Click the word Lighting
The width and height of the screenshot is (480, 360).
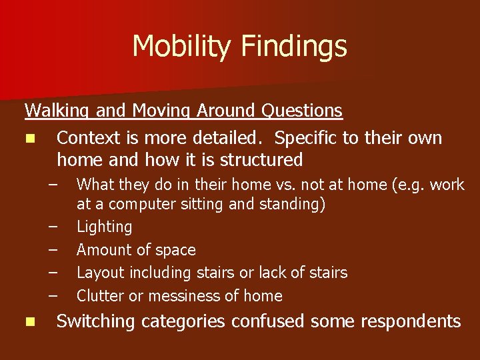tap(104, 227)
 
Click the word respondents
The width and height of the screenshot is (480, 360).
tap(411, 322)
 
